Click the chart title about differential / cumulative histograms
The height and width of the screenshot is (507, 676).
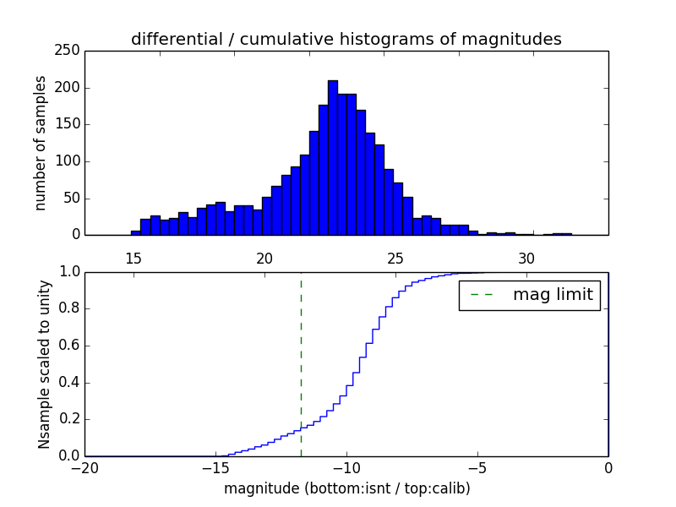click(346, 39)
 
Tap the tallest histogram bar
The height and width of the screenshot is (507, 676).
click(333, 157)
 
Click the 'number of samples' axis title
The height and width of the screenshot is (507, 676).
click(41, 143)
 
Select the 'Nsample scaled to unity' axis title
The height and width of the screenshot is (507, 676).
click(44, 364)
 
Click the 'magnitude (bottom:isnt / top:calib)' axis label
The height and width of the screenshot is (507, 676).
click(346, 488)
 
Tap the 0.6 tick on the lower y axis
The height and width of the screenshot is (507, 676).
click(69, 346)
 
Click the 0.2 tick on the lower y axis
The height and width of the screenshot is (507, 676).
click(69, 420)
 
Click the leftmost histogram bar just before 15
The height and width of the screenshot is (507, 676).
click(135, 232)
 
